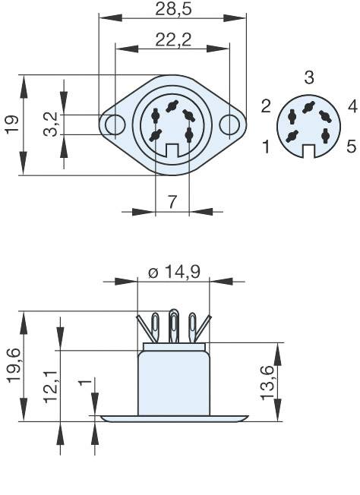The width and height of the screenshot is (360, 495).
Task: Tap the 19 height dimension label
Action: coord(11,125)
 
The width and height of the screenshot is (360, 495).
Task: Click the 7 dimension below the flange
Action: coord(172,202)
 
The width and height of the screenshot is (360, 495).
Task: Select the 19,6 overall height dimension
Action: coord(12,366)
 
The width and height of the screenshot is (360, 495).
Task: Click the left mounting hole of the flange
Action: coord(114,124)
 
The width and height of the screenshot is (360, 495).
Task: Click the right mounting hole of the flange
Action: coord(229,124)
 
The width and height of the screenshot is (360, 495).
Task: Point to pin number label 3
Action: coord(308,77)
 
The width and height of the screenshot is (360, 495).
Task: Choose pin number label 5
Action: coord(350,146)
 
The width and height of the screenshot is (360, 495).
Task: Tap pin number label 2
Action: coord(267,106)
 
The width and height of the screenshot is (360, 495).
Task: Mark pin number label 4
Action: coord(352,106)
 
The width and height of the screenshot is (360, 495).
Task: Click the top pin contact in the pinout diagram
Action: coord(308,106)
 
